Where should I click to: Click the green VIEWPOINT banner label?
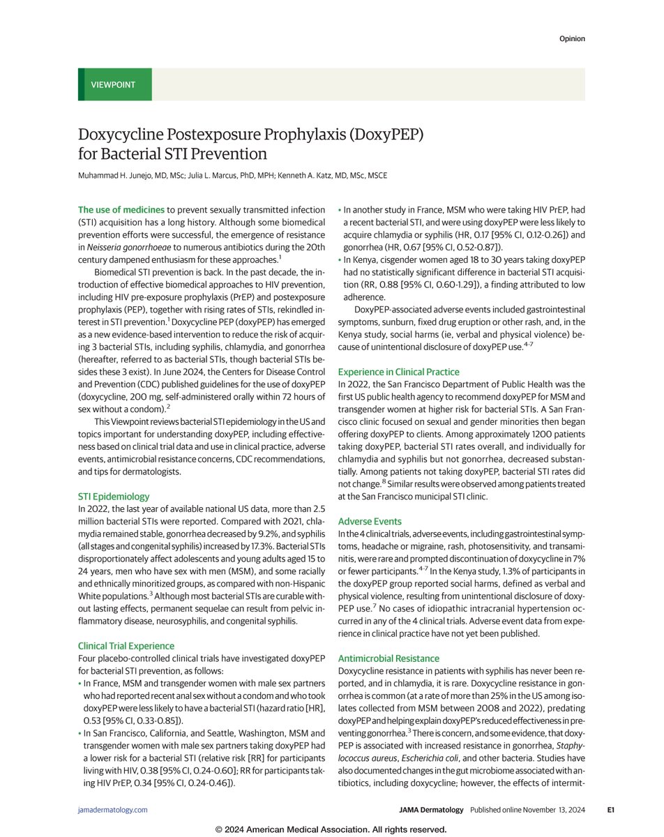113,85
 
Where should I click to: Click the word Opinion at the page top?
571,38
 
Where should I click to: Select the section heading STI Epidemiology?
114,497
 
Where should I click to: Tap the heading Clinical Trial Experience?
126,646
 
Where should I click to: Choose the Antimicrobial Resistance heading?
388,658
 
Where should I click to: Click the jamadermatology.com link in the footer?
112,810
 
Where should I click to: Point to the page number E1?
610,810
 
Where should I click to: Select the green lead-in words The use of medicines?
121,209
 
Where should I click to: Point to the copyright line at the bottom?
331,829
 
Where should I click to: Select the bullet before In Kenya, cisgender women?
340,259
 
